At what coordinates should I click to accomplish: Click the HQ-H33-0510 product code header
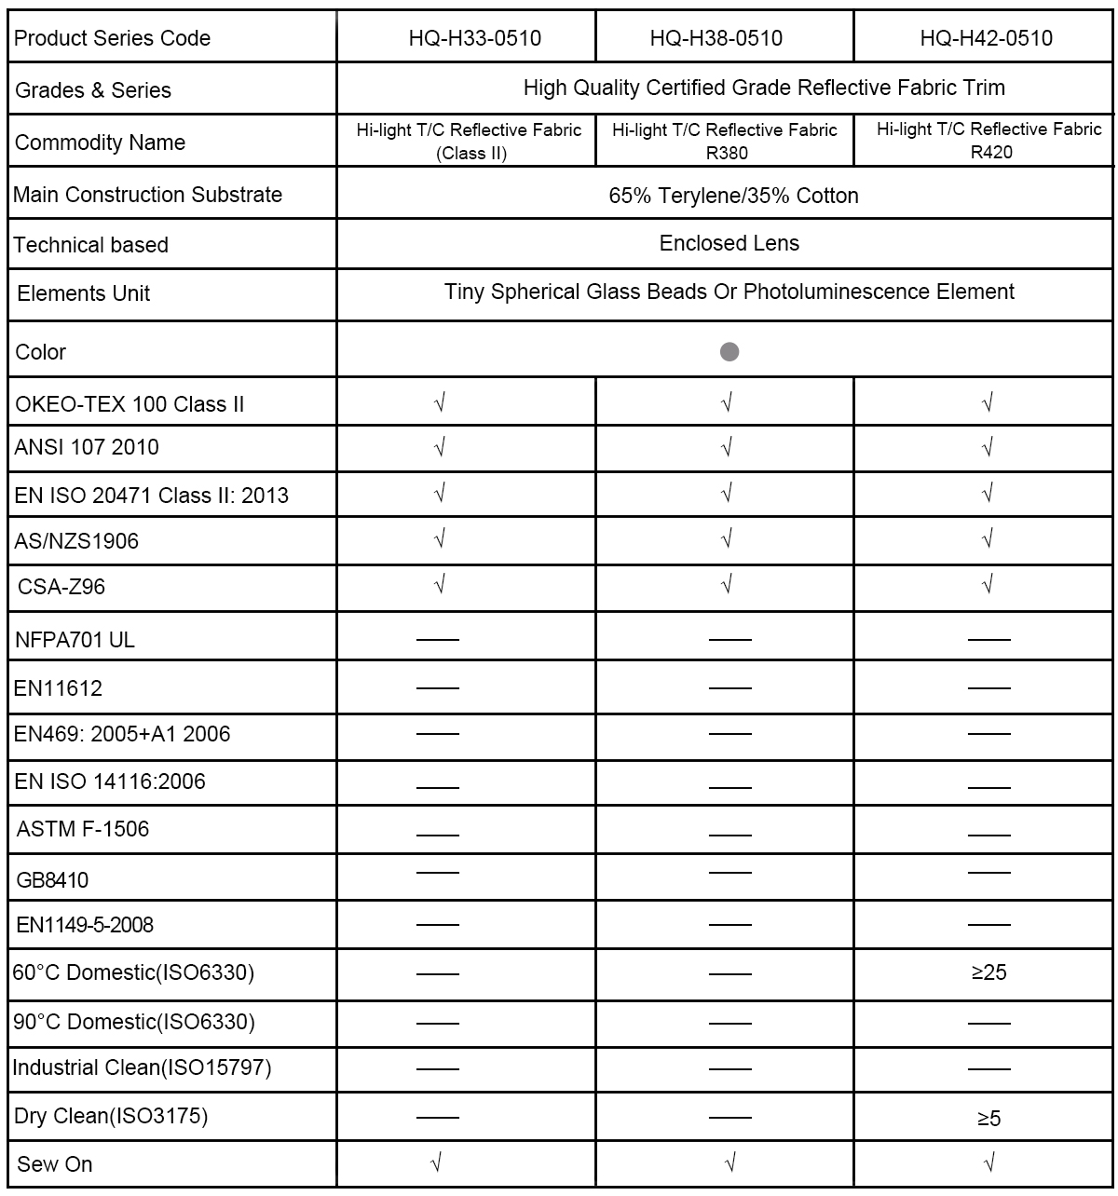pos(474,38)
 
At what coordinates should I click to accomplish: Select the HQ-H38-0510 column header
pos(716,38)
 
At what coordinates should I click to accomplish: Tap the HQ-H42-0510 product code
pos(986,38)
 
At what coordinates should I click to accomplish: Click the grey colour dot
pos(729,351)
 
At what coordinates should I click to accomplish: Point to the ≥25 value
pos(988,972)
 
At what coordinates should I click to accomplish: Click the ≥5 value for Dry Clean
pos(988,1118)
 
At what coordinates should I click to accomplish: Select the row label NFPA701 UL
pos(75,640)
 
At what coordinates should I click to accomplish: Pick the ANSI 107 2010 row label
pos(87,447)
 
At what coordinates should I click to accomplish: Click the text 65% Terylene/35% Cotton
pos(733,196)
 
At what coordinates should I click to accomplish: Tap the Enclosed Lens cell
pos(729,243)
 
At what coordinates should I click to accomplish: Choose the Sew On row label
pos(54,1164)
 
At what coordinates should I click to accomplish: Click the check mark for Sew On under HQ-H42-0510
pos(988,1162)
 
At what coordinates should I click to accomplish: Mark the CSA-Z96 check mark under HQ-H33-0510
pos(440,584)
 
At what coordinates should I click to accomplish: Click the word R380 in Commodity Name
pos(727,153)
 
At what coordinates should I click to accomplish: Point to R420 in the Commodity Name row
pos(991,152)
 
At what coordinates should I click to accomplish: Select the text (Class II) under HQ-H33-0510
pos(471,153)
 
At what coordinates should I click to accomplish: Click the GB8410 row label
pos(52,880)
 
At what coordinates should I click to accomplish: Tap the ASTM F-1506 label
pos(82,829)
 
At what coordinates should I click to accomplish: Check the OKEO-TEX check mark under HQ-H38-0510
pos(727,402)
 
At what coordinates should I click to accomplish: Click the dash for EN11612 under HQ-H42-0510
pos(988,688)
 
